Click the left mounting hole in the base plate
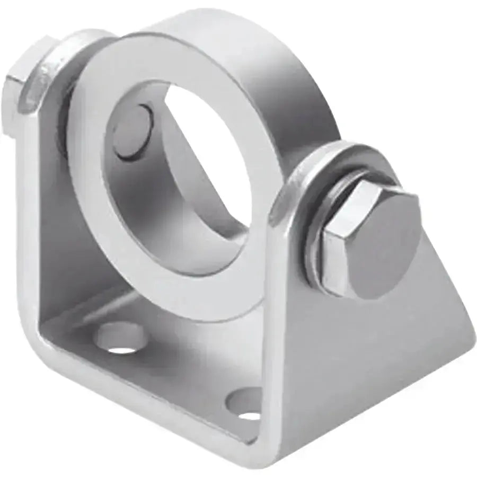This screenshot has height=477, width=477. (x=121, y=338)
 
